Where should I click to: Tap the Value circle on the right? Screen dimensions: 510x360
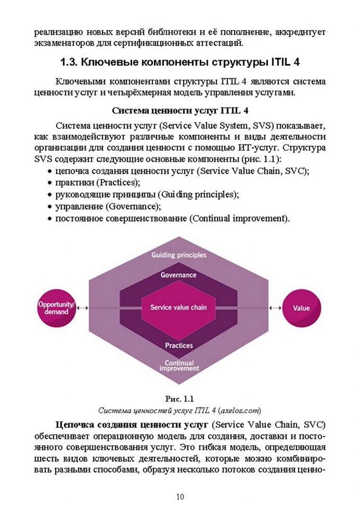301,308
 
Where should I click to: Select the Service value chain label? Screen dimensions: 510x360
178,307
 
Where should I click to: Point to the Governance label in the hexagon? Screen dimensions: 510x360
178,275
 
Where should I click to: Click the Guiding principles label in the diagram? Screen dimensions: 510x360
178,255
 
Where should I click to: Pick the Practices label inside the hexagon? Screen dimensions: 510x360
178,345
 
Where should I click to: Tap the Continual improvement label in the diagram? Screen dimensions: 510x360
178,365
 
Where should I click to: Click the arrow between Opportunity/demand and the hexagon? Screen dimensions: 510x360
83,308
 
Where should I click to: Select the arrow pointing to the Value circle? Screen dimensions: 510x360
275,308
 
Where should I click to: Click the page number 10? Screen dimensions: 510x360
180,496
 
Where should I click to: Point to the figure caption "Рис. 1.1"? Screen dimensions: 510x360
180,399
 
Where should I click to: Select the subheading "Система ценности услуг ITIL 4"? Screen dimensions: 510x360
179,111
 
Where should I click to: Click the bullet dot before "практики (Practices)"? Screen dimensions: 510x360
50,183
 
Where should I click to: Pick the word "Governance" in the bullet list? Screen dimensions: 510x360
134,206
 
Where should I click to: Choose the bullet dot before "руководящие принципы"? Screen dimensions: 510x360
50,195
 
